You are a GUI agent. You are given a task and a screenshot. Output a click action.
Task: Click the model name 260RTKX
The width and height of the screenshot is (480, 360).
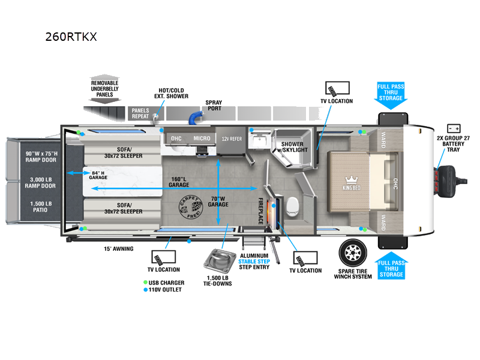71,37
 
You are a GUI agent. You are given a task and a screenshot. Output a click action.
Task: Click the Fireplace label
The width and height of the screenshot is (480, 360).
261,211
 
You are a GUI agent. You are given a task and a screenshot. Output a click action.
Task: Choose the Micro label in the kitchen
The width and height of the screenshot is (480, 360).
202,139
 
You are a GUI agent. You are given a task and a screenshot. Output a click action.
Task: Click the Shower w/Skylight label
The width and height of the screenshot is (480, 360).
294,146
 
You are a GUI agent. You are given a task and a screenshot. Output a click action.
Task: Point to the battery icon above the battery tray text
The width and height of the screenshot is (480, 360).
454,128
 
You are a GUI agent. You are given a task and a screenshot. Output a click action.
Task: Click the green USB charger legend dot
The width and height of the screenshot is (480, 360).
146,283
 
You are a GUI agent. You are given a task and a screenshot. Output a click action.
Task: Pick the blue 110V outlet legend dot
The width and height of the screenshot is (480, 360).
146,290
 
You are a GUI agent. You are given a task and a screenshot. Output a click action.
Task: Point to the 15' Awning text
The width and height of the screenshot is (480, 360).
119,248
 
